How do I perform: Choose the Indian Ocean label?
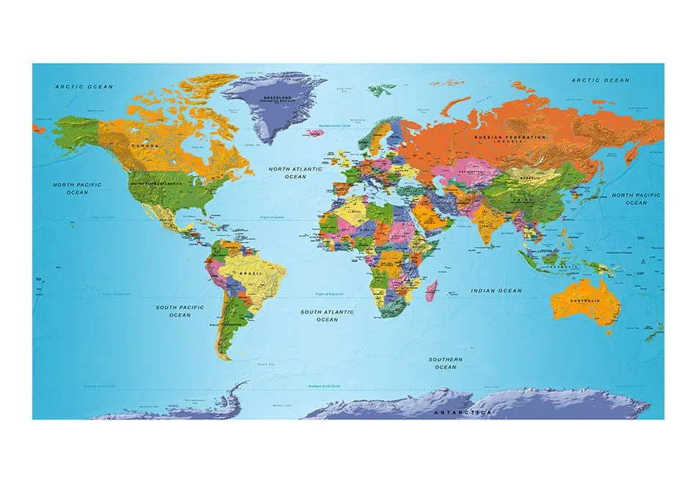click(496, 291)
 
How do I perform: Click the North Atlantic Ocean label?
click(295, 173)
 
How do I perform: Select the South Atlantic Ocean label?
click(327, 315)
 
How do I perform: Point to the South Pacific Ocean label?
click(179, 311)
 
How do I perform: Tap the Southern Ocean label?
click(445, 363)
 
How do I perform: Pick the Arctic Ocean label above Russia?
click(600, 80)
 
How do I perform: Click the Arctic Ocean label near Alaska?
click(85, 87)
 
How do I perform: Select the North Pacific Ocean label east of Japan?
click(636, 198)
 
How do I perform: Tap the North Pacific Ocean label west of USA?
click(77, 189)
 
